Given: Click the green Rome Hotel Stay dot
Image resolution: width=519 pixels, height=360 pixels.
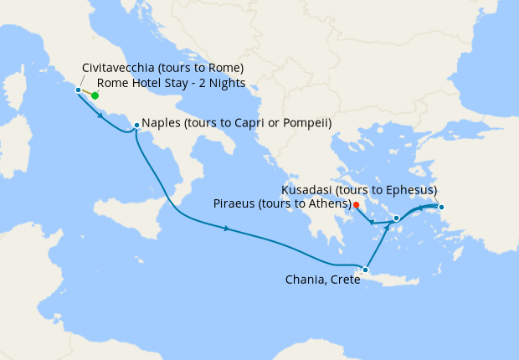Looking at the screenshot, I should click(95, 95).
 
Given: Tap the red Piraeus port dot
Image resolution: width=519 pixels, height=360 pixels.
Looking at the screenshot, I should click(356, 204).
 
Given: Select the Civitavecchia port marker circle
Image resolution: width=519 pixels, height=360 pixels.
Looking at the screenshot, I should click(78, 90).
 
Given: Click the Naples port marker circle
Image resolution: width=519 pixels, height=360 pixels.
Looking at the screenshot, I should click(136, 126).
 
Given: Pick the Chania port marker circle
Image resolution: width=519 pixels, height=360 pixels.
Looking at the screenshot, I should click(365, 270).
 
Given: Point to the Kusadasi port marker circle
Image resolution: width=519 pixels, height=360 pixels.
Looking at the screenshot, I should click(441, 207).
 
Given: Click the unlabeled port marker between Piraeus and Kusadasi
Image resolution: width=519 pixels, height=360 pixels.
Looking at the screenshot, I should click(396, 218).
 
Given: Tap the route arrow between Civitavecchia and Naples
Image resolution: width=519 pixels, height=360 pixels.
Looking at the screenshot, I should click(101, 115).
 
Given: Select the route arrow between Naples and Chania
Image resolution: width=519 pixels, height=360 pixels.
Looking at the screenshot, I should click(227, 229).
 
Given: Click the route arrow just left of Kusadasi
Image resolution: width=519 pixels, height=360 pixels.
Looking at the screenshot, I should click(420, 207).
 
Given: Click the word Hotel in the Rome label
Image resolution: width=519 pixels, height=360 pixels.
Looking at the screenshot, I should click(148, 83).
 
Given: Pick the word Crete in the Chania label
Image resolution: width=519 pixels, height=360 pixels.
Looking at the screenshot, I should click(344, 280).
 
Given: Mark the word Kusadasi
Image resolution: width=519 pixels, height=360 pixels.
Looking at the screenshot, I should click(309, 190).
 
